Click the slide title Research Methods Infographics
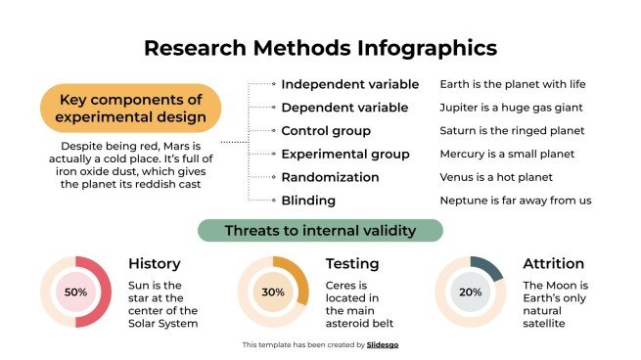(320, 48)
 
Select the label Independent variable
(349, 84)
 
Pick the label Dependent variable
(344, 108)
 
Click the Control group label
(325, 130)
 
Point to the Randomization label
(330, 177)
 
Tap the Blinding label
(308, 201)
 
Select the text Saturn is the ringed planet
(512, 130)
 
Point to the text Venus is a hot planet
(496, 177)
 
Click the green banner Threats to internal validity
(320, 230)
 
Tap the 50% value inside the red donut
(75, 292)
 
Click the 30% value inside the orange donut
(273, 292)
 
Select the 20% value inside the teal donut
(471, 292)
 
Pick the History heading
(155, 263)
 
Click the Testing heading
(352, 263)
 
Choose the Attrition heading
(553, 263)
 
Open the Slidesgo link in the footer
(383, 344)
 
